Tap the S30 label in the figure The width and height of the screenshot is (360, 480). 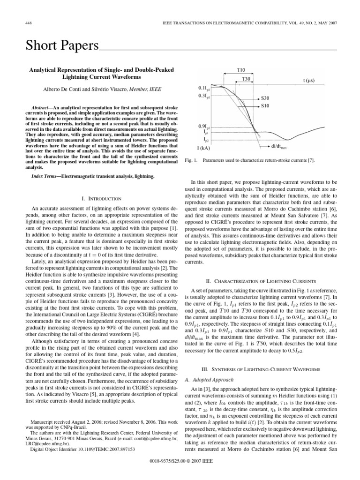[x=265, y=99]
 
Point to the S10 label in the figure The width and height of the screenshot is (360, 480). [x=265, y=107]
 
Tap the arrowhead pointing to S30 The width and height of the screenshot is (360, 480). [x=256, y=99]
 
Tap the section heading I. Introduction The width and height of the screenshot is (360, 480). [x=95, y=199]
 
